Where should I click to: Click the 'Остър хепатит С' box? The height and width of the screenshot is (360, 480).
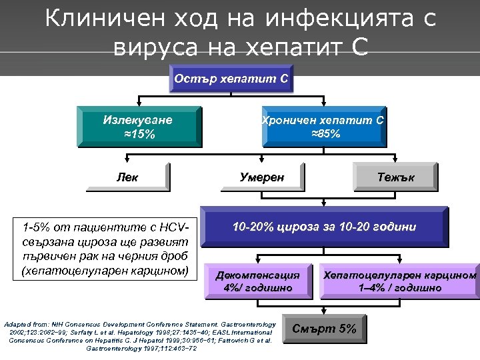point(231,79)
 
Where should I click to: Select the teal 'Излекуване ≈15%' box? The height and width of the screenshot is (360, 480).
point(139,127)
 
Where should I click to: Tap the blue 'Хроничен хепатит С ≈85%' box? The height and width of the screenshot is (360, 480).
point(324,127)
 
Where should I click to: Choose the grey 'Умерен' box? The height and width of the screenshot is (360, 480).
point(262,178)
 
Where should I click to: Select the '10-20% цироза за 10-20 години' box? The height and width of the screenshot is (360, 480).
point(324,227)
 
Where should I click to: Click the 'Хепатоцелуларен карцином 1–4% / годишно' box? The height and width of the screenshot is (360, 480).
point(399,281)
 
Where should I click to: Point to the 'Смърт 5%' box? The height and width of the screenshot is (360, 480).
point(325,328)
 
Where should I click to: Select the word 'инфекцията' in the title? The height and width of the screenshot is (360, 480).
point(343,19)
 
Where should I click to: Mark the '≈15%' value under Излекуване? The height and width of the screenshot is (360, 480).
point(139,134)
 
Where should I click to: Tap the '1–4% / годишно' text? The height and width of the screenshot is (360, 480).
point(399,288)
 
